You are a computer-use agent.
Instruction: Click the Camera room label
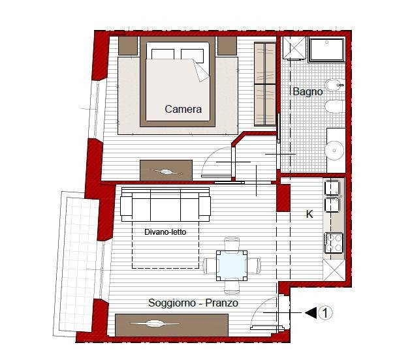coord(183,109)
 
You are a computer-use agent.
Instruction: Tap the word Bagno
coord(308,91)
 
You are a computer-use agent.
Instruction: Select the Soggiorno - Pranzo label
coord(193,303)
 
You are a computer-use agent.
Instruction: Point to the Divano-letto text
coord(165,232)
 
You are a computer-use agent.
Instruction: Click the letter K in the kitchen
coord(309,215)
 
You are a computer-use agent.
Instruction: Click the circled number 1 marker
coord(325,313)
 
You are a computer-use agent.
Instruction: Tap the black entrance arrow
coord(311,313)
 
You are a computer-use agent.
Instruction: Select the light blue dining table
coord(232,265)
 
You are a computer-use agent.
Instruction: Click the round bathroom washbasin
coord(334,151)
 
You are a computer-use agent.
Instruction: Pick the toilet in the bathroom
coord(334,106)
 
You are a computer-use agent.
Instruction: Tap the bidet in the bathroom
coord(335,85)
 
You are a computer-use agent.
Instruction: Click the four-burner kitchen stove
coord(334,243)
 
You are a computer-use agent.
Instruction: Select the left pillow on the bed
coord(163,54)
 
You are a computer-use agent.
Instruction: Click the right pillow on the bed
coord(192,55)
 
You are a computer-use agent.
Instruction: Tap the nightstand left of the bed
coord(128,46)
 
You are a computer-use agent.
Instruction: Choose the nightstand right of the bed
coord(227,46)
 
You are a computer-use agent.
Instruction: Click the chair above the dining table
coord(232,243)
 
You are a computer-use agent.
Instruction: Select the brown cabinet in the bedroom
coord(166,170)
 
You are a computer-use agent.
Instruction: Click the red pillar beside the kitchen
coord(283,198)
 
